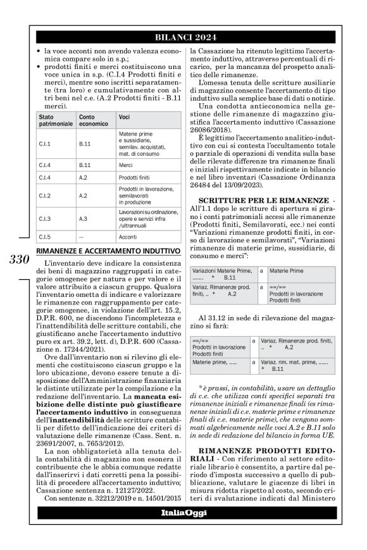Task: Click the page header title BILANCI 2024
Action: coord(183,37)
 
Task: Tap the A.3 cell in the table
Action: coord(84,218)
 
